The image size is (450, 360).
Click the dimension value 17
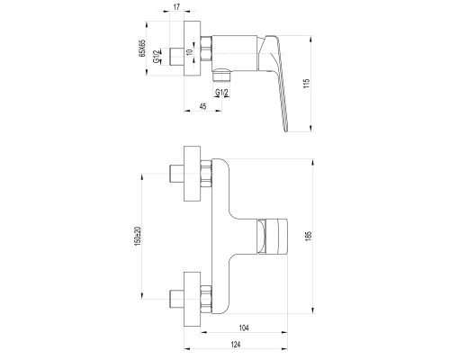(x=177, y=7)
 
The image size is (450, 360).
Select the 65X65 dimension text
(x=142, y=48)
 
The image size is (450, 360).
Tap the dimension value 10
(x=189, y=52)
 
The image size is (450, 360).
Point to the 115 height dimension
(x=306, y=84)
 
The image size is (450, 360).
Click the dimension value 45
(x=203, y=106)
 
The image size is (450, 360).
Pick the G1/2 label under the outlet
(x=221, y=93)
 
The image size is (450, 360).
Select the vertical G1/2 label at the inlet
(x=157, y=57)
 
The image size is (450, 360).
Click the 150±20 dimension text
(x=138, y=236)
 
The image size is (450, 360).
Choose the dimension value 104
(x=244, y=328)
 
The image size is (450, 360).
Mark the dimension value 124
(x=236, y=345)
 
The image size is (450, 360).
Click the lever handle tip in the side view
(x=285, y=130)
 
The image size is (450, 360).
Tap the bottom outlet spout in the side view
(x=221, y=75)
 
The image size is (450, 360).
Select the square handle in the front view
(x=273, y=237)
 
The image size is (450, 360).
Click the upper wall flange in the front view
(x=192, y=174)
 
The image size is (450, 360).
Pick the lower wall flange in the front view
(x=192, y=300)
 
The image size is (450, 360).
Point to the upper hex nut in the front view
(x=206, y=174)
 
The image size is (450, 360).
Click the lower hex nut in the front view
(x=206, y=300)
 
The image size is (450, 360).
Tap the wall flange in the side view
(x=192, y=48)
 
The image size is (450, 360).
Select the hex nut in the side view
(x=206, y=49)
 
